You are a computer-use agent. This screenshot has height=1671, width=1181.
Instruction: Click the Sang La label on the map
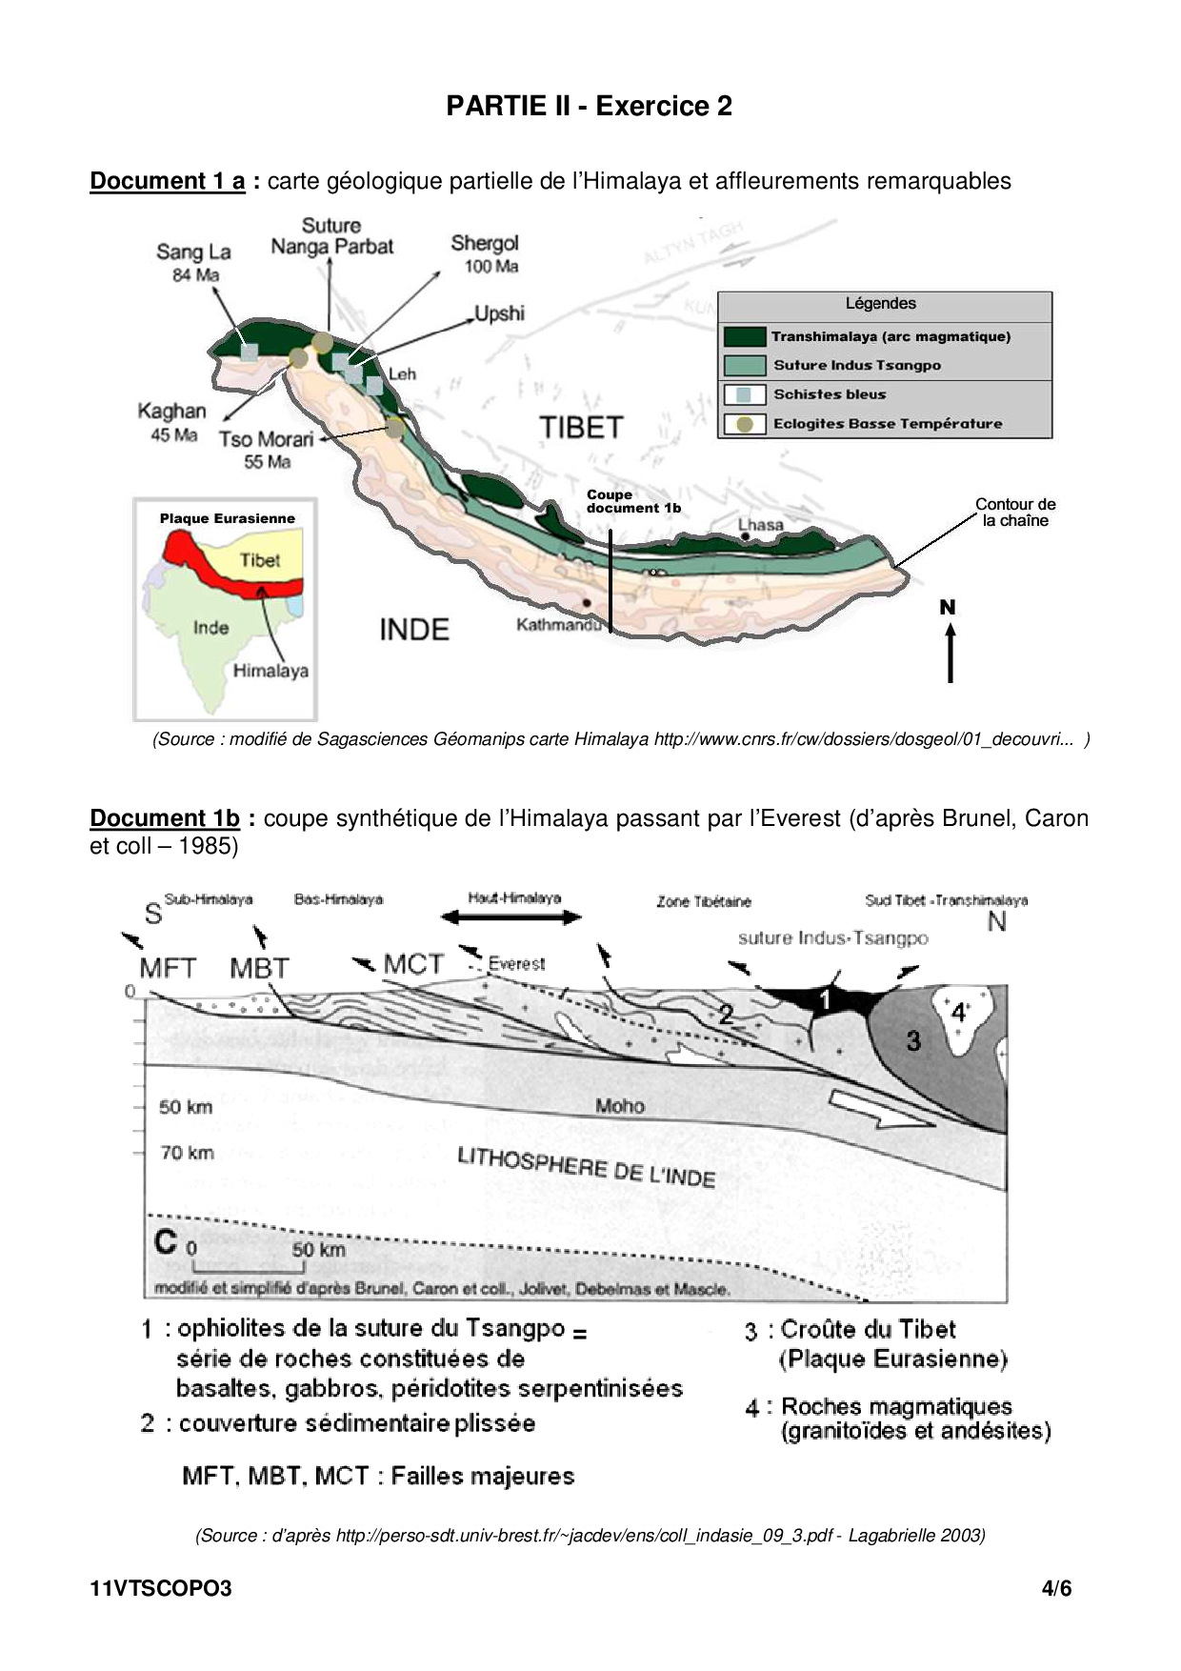coord(193,252)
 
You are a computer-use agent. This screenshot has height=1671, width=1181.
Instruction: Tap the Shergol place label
coord(485,244)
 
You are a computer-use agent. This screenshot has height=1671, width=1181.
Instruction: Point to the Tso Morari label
coord(267,439)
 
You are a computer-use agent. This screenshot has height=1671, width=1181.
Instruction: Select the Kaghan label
coord(171,412)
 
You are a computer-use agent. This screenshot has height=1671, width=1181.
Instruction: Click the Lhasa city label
coord(760,525)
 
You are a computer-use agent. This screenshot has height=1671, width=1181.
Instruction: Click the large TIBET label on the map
coord(581,428)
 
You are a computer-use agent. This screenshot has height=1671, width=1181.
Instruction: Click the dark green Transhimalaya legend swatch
coord(744,336)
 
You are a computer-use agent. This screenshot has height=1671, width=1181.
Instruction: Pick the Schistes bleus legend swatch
coord(744,394)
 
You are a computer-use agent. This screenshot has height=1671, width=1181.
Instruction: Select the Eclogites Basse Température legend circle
coord(744,424)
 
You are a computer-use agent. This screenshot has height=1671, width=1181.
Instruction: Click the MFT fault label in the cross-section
coord(168,969)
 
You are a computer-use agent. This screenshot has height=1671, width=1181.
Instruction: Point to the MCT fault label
coord(413,964)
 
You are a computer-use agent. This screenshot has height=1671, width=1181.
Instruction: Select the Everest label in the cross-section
coord(516,963)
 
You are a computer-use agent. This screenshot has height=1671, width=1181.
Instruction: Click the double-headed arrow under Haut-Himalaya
coord(511,917)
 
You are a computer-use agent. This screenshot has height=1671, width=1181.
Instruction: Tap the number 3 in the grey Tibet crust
coord(913,1041)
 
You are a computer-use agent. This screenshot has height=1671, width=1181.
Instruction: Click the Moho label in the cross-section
coord(619,1106)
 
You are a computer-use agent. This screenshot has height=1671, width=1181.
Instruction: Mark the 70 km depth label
coord(187,1153)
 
